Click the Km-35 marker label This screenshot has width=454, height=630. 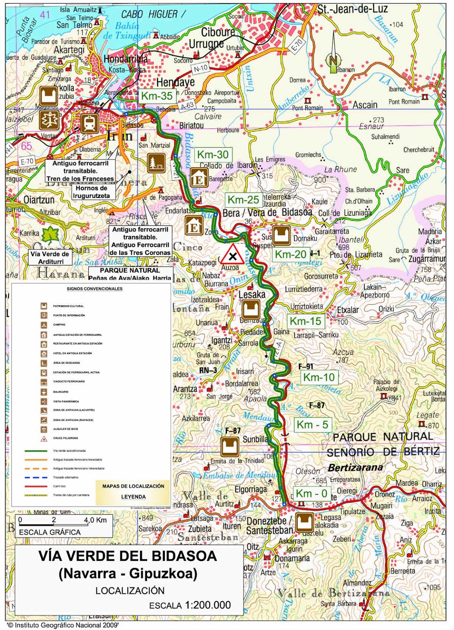coord(157,96)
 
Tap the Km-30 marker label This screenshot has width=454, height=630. coord(212,155)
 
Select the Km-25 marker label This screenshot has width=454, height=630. coord(243,200)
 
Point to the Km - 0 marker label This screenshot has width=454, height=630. coord(311,494)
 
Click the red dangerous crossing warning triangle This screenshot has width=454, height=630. coord(233,255)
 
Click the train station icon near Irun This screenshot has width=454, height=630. coord(90,123)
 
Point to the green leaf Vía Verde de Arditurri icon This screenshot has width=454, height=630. coord(50,235)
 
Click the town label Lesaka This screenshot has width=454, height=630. coord(252,294)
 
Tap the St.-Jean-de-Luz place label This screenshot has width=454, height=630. coord(352,9)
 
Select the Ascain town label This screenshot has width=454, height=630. coord(365,105)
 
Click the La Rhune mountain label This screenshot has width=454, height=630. coord(341,169)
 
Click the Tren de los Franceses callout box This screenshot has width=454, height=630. coord(80,171)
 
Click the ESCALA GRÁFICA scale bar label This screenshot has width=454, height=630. coord(50,532)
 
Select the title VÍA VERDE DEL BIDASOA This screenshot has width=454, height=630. coord(128,556)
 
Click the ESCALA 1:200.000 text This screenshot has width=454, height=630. coord(190,605)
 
